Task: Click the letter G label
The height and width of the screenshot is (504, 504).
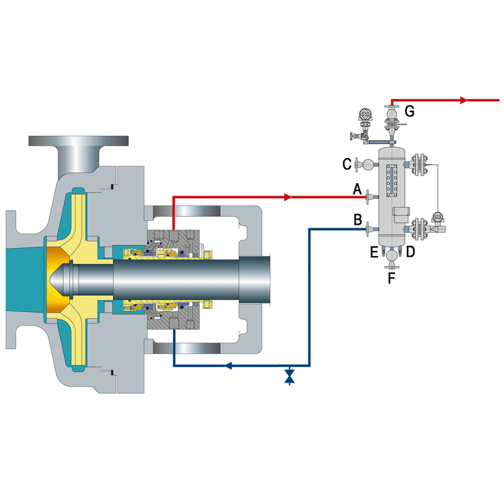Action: [x=409, y=111]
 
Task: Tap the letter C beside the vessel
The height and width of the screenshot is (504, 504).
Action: [x=347, y=163]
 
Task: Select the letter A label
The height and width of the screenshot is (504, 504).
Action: [x=357, y=190]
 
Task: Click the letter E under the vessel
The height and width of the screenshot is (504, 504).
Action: [x=374, y=251]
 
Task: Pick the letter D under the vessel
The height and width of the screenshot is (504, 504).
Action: [x=410, y=251]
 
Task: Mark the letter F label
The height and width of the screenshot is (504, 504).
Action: [x=392, y=278]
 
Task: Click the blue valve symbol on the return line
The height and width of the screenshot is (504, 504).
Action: [x=289, y=377]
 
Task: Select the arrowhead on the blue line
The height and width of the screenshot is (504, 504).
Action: [x=228, y=365]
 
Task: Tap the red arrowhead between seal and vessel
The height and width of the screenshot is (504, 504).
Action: [x=287, y=197]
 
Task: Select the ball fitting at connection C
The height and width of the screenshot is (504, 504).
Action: [x=367, y=164]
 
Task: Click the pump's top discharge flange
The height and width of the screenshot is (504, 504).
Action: [x=78, y=141]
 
